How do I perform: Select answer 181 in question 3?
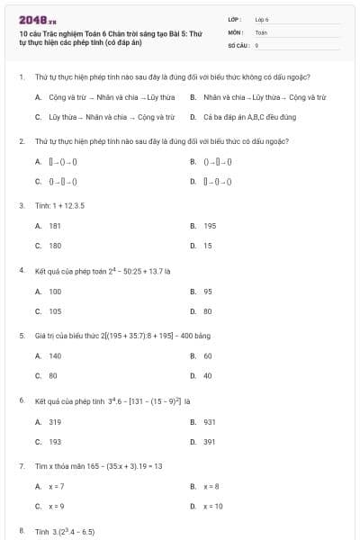pos(55,226)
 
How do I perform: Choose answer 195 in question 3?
pos(210,226)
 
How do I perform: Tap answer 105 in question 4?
pos(55,311)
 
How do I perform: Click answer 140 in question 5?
pos(55,355)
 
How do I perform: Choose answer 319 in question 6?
pos(55,421)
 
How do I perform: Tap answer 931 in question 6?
pos(210,421)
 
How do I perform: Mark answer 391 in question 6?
pos(210,442)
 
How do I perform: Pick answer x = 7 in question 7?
pos(57,486)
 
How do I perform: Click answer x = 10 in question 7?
pos(213,506)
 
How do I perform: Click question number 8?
pos(21,532)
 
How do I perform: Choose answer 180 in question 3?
pos(55,246)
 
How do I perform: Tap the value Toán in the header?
pos(261,31)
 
